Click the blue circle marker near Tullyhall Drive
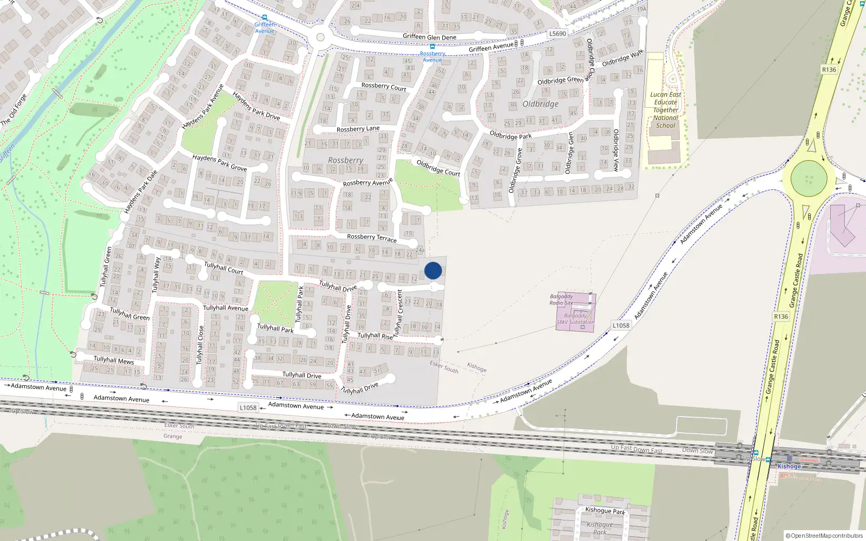tap(433, 270)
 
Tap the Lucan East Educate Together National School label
tap(666, 110)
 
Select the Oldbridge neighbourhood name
tap(540, 104)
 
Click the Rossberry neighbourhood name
tap(345, 160)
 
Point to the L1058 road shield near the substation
tap(621, 325)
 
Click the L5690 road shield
tap(557, 34)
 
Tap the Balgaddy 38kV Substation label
tap(575, 319)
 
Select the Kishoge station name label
tap(789, 466)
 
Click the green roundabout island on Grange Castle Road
tap(809, 179)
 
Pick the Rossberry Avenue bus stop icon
tap(432, 47)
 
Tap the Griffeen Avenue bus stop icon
tap(264, 17)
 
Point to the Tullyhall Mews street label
tap(114, 360)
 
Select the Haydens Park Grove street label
tap(219, 162)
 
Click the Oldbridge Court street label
tap(438, 168)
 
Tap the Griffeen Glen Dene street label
tap(429, 37)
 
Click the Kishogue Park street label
tap(605, 510)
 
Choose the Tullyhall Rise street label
tap(375, 335)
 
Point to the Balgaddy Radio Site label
tap(561, 300)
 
